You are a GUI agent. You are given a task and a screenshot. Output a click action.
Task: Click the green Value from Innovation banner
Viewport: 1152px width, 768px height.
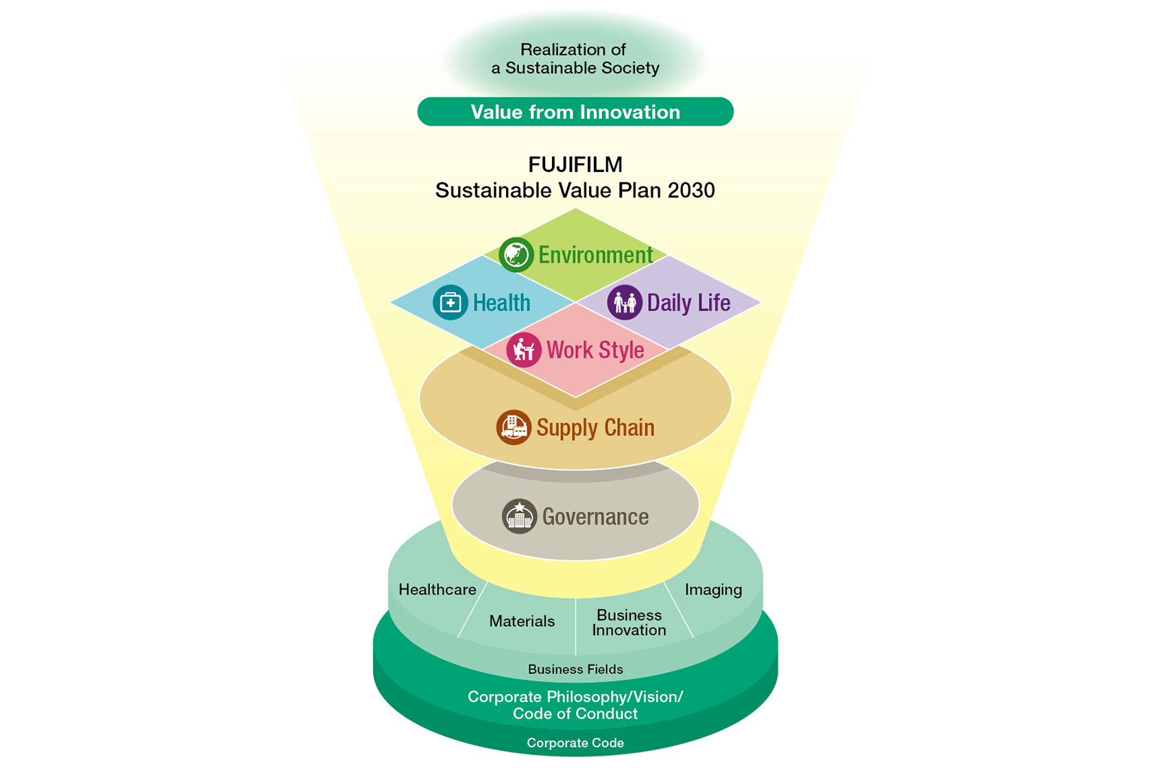click(575, 112)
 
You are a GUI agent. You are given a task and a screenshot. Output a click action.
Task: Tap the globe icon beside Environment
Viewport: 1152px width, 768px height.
click(516, 254)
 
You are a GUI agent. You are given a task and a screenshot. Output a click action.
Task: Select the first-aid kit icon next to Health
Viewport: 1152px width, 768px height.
click(451, 302)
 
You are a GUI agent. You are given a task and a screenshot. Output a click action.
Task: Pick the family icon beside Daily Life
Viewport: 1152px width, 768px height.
click(625, 302)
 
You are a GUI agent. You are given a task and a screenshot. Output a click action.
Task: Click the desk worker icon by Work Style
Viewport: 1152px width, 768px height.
click(524, 350)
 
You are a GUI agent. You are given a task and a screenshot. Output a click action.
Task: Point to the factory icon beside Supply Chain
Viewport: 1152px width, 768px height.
click(513, 427)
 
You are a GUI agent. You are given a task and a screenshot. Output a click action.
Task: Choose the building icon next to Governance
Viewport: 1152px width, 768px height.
click(520, 516)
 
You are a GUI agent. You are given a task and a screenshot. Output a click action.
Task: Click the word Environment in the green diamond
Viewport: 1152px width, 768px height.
click(595, 255)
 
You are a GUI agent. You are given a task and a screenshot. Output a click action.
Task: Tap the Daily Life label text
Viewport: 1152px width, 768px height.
click(688, 303)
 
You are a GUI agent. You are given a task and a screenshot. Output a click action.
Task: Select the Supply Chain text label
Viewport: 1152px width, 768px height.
click(595, 428)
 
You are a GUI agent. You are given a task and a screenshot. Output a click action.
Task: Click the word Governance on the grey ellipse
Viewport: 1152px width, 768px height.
click(595, 517)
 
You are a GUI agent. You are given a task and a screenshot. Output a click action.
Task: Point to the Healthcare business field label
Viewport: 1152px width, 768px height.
click(437, 590)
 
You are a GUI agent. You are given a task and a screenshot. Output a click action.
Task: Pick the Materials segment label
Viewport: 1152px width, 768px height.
click(522, 621)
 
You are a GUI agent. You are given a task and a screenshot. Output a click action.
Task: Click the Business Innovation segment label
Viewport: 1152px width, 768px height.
click(629, 623)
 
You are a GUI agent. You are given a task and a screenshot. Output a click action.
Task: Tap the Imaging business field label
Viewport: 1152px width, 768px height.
click(713, 590)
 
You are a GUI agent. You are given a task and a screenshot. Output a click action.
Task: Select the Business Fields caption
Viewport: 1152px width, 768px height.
click(575, 669)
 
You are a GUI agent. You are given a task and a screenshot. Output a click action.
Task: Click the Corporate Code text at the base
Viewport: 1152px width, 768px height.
click(575, 743)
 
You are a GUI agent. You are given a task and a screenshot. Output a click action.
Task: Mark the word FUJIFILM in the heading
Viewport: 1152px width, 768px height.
click(575, 165)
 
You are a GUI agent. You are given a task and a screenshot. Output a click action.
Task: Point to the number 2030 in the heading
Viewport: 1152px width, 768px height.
click(691, 191)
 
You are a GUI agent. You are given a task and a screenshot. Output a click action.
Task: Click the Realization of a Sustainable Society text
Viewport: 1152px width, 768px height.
click(575, 59)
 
